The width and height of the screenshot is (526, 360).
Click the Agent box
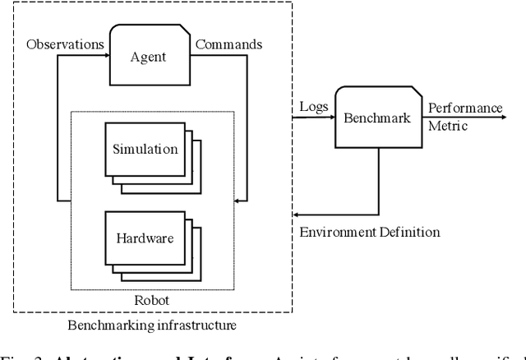(x=149, y=58)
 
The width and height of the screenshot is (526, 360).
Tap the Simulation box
(x=145, y=149)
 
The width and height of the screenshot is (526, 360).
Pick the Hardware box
(x=145, y=238)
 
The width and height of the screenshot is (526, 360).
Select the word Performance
(x=465, y=108)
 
